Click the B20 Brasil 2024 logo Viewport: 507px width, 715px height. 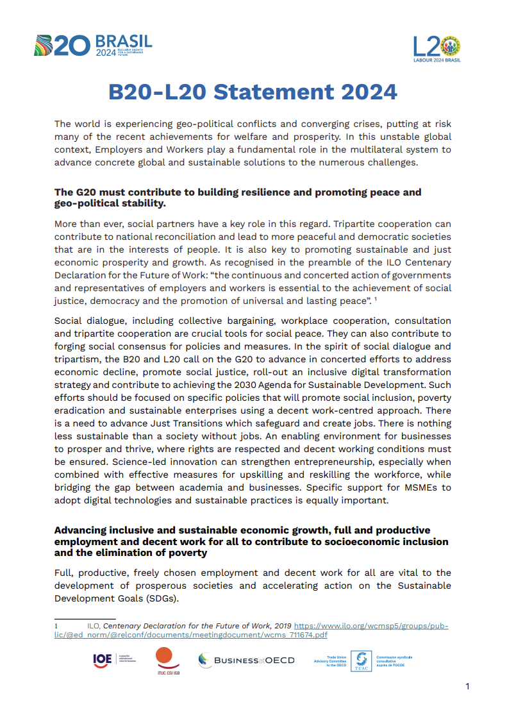93,46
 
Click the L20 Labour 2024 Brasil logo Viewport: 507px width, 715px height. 436,49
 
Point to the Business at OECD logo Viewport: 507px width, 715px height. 247,660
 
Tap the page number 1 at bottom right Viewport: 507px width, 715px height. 467,687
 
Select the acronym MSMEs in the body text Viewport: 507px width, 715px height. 407,487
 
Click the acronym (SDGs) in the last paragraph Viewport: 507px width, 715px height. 162,598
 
